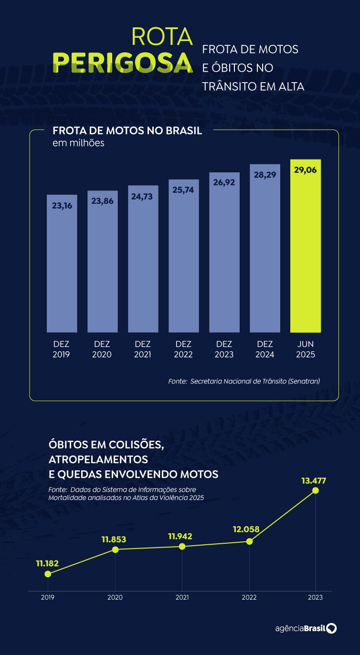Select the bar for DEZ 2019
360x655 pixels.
(x=62, y=265)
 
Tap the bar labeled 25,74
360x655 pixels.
(x=184, y=258)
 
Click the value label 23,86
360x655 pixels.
(x=102, y=201)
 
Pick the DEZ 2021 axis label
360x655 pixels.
(x=143, y=349)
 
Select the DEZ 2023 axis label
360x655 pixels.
(x=224, y=349)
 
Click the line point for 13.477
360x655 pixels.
(x=315, y=490)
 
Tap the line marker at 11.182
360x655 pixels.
(x=47, y=574)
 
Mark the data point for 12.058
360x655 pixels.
(x=249, y=541)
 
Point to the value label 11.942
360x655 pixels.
(x=180, y=536)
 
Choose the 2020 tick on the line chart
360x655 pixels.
(x=115, y=597)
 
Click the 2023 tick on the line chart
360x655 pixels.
(x=315, y=597)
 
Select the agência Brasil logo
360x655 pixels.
(x=306, y=628)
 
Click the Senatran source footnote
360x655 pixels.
(x=244, y=381)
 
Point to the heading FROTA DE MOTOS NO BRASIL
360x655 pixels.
(x=127, y=131)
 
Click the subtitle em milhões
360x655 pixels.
(x=78, y=143)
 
